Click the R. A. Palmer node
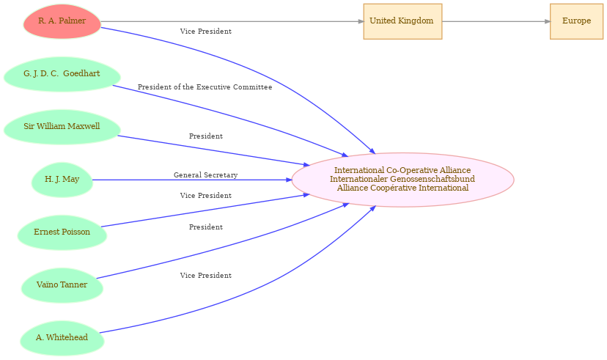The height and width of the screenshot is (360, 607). tap(62, 21)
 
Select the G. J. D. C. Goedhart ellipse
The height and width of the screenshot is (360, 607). tap(62, 74)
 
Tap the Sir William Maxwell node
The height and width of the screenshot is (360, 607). tap(62, 127)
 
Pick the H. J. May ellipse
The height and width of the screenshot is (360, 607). tap(62, 180)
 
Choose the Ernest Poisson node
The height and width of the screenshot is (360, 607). tap(62, 232)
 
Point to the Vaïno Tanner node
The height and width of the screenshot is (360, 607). tap(62, 285)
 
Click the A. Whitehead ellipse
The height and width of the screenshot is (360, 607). tap(62, 338)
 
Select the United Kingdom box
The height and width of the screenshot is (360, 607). tap(402, 21)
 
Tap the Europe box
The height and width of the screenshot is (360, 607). tap(576, 21)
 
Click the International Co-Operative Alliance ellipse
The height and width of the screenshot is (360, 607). tap(402, 180)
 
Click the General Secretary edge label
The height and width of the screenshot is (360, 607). tap(205, 175)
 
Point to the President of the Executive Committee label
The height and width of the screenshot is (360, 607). tap(205, 87)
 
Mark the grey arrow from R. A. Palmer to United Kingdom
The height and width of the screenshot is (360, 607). tap(227, 21)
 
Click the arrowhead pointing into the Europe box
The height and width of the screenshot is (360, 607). tap(547, 21)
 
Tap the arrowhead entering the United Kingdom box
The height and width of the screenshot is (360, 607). tap(360, 21)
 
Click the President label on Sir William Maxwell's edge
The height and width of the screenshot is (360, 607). tap(205, 136)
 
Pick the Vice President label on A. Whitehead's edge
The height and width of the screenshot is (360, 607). tap(205, 276)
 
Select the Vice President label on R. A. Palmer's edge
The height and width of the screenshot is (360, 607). tap(205, 32)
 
